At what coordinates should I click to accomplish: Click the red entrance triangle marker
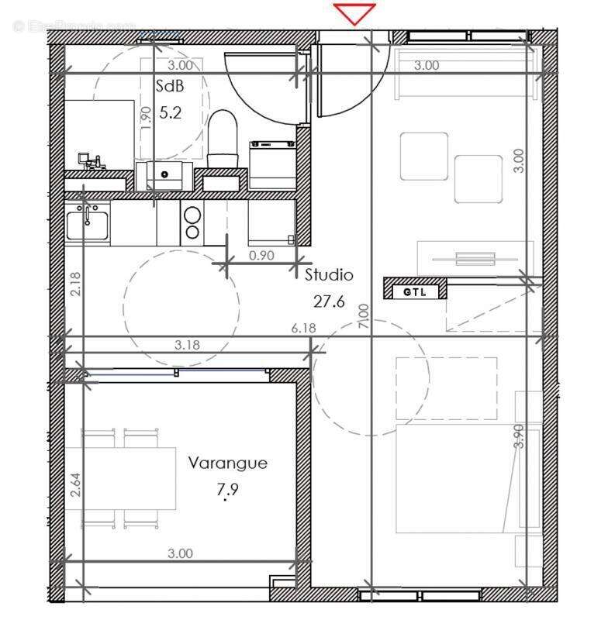(354, 13)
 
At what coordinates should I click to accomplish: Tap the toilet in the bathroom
(223, 138)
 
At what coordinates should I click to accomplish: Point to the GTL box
(415, 291)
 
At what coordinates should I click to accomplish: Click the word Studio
(329, 274)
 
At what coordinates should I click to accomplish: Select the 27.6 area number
(329, 301)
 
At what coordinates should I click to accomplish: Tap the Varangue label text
(228, 463)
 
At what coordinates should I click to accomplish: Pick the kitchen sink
(87, 223)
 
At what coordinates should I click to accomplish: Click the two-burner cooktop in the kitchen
(192, 222)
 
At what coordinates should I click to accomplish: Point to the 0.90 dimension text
(261, 254)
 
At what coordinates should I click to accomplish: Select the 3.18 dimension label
(186, 345)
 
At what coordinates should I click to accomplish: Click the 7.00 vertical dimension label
(365, 318)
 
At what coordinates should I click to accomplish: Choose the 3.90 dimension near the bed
(519, 436)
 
